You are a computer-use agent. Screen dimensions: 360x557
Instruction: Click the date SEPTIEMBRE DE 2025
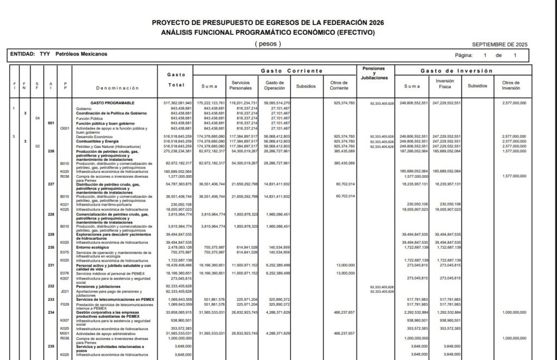[499, 45]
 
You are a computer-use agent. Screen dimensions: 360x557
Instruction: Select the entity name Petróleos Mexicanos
[82, 54]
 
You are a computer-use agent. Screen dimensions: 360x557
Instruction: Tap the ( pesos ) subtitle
[268, 44]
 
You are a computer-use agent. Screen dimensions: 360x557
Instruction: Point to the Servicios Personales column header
[242, 85]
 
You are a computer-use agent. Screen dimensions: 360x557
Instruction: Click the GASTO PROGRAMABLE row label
[113, 103]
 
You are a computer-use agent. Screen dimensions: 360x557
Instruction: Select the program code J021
[64, 292]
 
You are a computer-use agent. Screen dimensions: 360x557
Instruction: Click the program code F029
[64, 305]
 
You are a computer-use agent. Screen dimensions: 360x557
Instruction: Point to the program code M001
[64, 333]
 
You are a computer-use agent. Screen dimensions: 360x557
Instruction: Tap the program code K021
[64, 204]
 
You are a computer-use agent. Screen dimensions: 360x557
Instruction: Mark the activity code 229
[52, 234]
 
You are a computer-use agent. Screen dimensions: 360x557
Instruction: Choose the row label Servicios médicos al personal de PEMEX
[112, 273]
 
